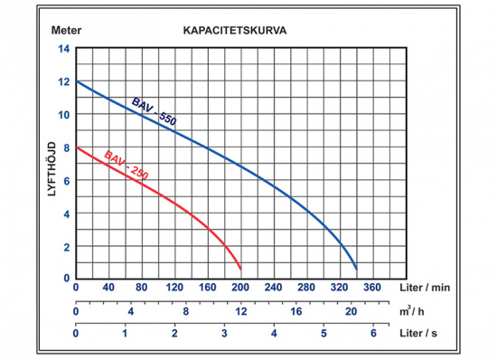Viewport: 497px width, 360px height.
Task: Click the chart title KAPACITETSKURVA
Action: pyautogui.click(x=235, y=30)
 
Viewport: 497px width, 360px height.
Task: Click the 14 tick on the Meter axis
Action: pyautogui.click(x=64, y=49)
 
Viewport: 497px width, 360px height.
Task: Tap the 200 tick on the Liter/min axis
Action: pyautogui.click(x=241, y=288)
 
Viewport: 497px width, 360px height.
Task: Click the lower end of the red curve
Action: pyautogui.click(x=240, y=270)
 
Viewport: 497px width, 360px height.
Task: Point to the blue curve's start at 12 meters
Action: pyautogui.click(x=77, y=82)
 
